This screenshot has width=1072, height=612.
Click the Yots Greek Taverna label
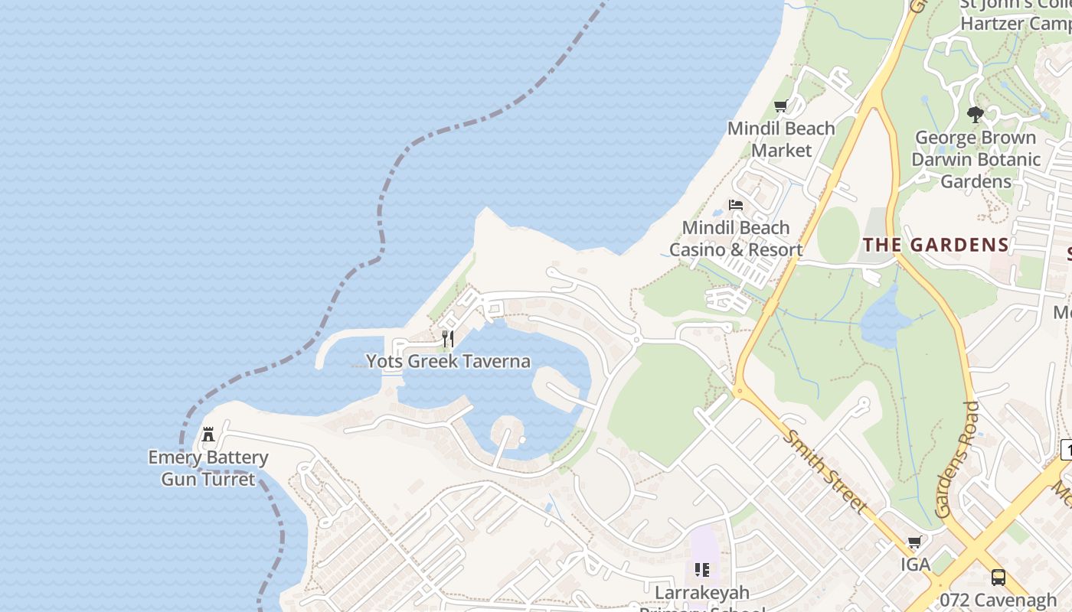tap(448, 361)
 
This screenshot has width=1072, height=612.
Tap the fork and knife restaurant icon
tap(448, 339)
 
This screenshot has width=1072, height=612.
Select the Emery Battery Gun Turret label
tap(208, 468)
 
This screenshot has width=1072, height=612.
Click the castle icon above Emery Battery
tap(208, 435)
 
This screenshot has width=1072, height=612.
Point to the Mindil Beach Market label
tap(781, 138)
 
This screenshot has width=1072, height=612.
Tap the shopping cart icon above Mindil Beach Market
tap(780, 106)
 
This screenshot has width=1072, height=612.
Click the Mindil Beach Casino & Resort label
tap(736, 239)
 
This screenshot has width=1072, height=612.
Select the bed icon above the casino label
tap(736, 205)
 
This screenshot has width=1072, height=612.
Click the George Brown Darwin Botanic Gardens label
tap(976, 159)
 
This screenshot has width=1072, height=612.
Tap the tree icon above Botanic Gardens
tap(975, 115)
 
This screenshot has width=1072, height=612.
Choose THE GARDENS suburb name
tap(936, 246)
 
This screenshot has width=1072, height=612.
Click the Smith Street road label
tap(825, 471)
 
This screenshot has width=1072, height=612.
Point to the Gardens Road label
tap(958, 459)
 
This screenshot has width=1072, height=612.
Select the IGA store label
tap(915, 565)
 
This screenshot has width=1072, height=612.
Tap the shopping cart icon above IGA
tap(914, 542)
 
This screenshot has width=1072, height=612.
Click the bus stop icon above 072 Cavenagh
tap(998, 577)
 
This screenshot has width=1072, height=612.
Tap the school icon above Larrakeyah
tap(702, 569)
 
